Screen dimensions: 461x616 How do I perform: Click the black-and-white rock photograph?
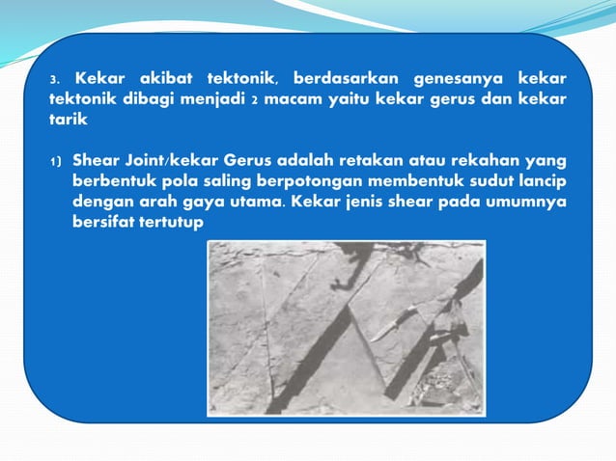click(346, 328)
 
